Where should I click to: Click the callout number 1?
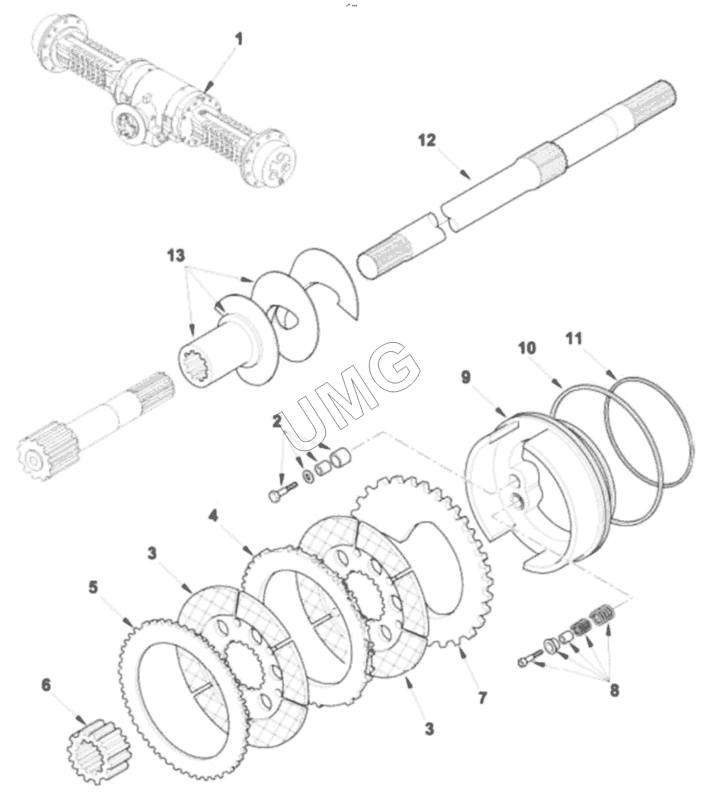(x=239, y=40)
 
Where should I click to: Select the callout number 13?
(x=176, y=256)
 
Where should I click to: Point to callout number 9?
(x=465, y=377)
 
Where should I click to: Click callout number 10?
(x=527, y=348)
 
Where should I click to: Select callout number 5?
(x=93, y=587)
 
